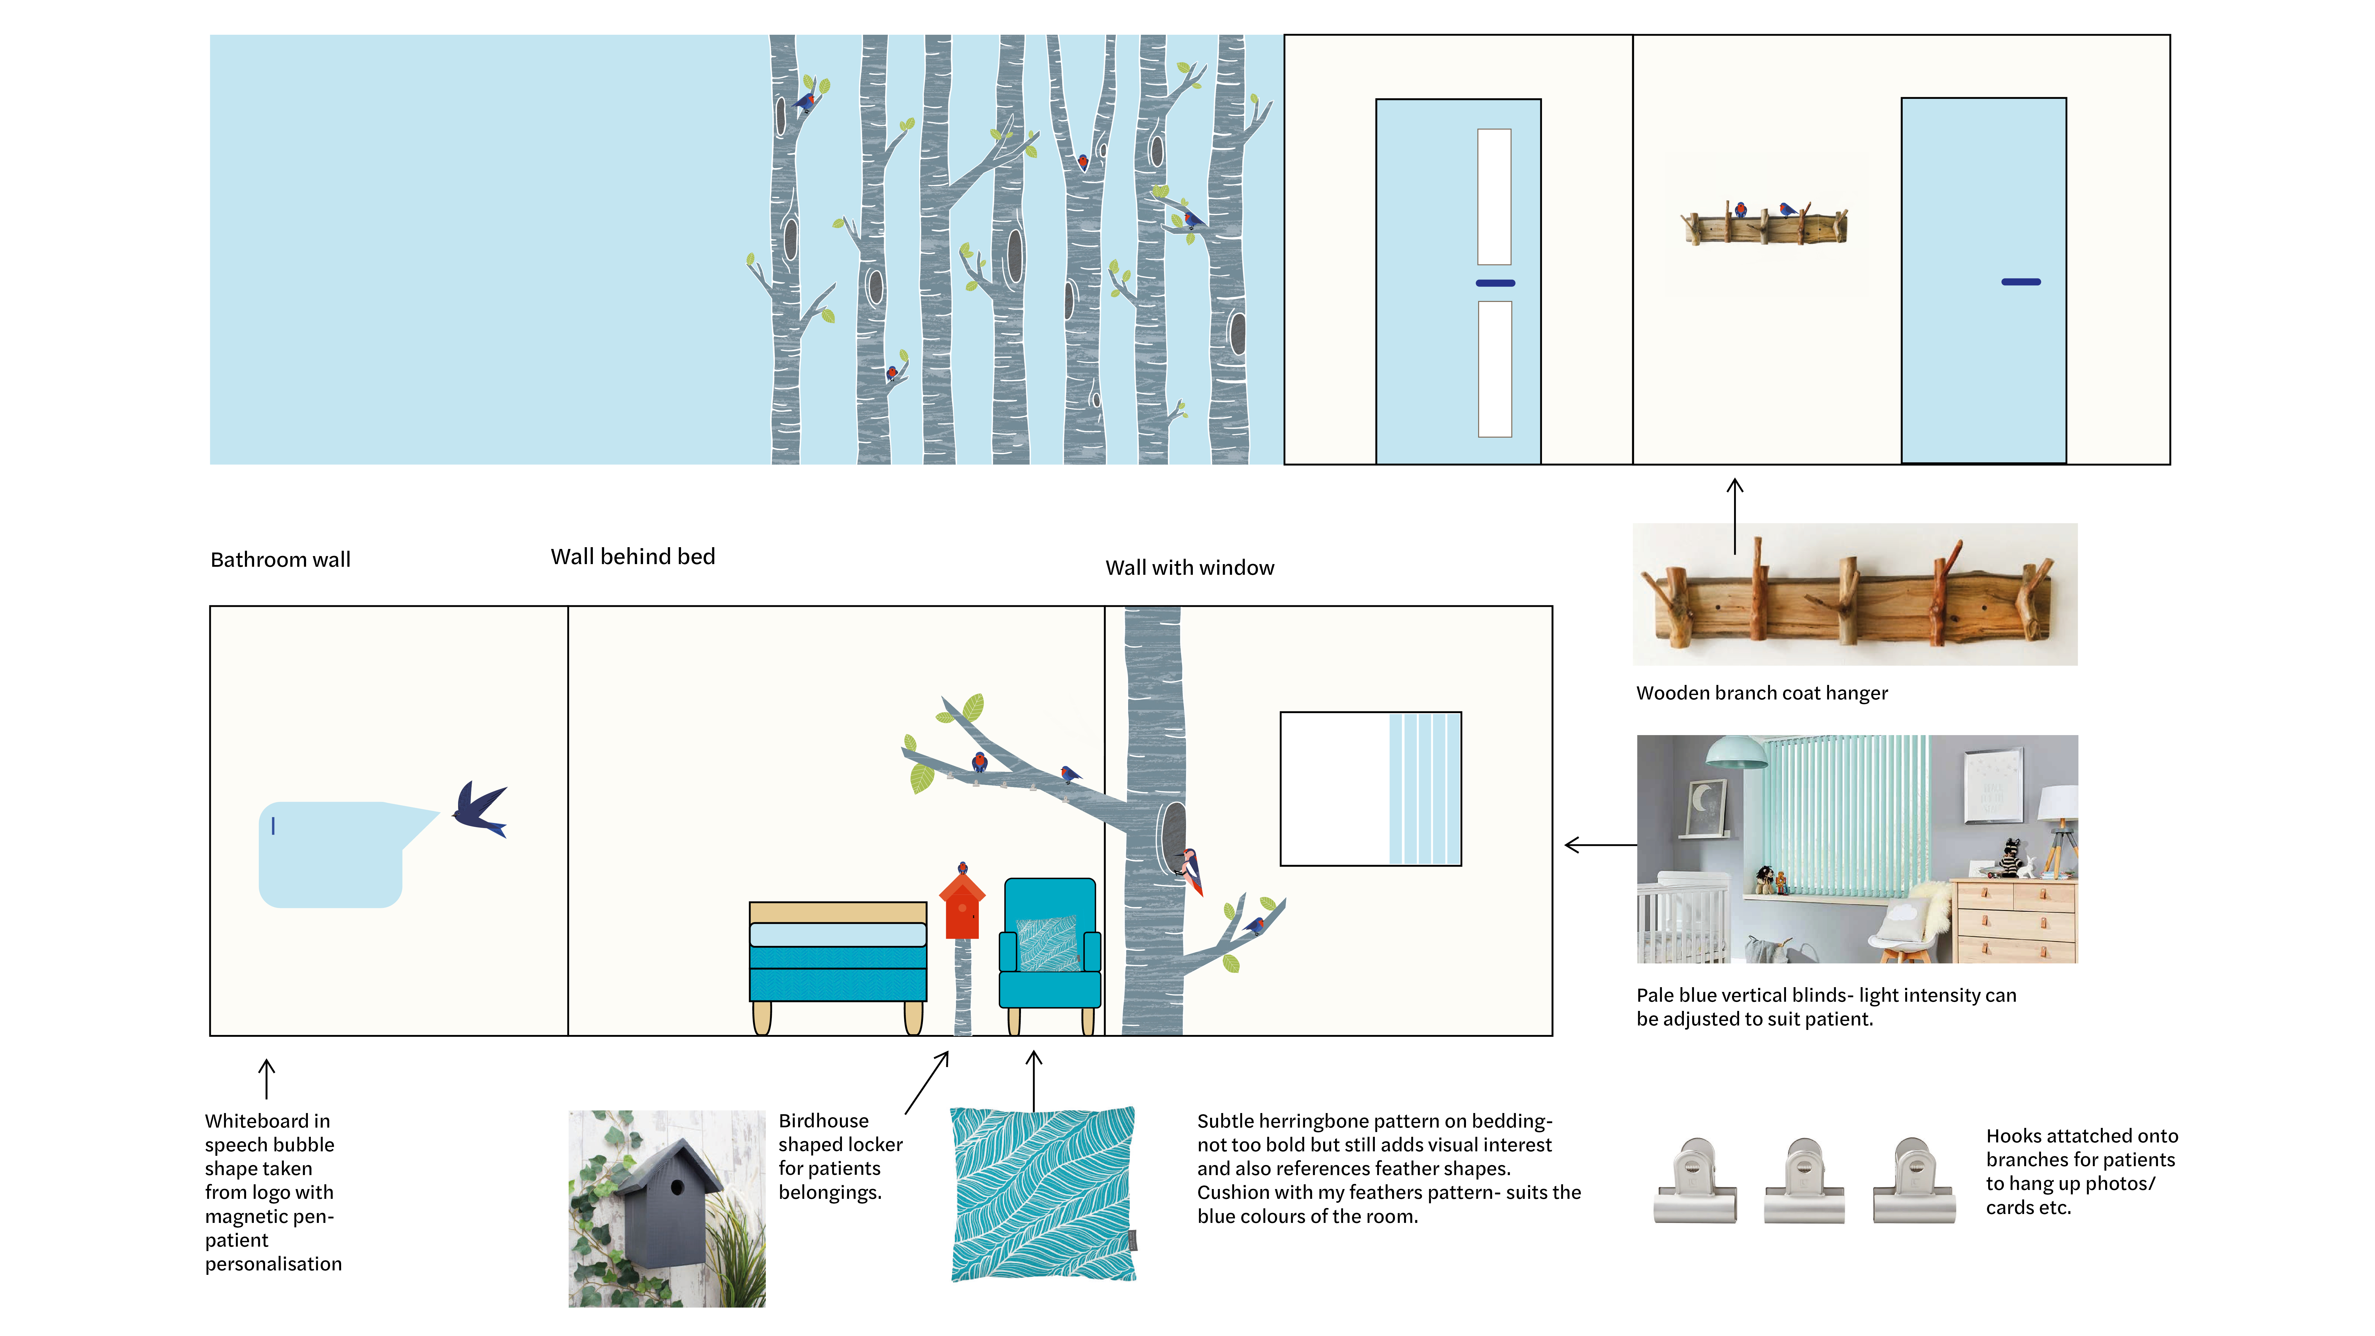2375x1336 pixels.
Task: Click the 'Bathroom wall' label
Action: point(280,560)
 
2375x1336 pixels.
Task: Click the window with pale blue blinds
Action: point(1370,788)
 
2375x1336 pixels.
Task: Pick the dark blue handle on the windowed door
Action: point(1494,283)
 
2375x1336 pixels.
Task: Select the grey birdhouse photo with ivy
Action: point(666,1209)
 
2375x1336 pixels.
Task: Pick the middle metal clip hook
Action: point(1804,1181)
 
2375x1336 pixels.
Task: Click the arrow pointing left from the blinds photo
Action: point(1600,845)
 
